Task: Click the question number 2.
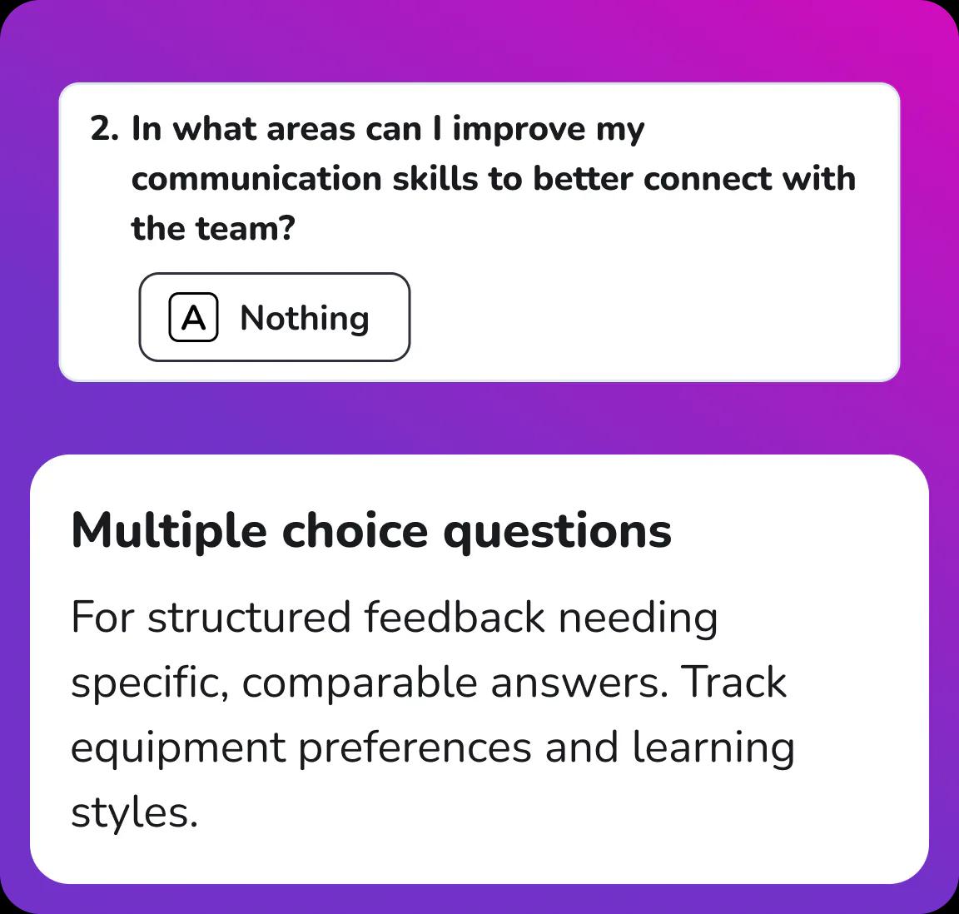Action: coord(104,130)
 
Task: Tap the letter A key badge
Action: coord(193,317)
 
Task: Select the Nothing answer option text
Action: coord(305,318)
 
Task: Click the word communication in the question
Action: coord(256,179)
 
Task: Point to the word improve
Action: coord(519,130)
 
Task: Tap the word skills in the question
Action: coord(435,179)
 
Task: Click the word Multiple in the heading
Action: coord(169,531)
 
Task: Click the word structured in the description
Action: coord(249,618)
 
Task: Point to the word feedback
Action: coord(455,618)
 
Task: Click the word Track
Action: coord(733,683)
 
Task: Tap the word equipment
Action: coord(177,748)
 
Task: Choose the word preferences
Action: coord(415,748)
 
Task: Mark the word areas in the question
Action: coord(311,130)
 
